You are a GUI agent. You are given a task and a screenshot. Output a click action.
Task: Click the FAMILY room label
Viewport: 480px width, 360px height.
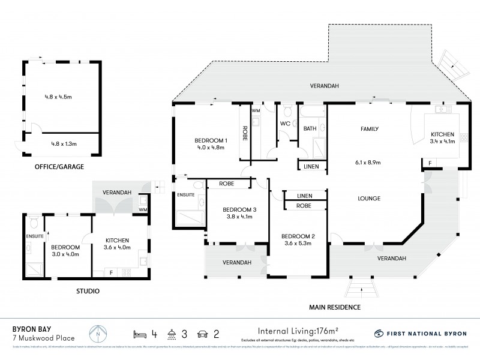point(368,129)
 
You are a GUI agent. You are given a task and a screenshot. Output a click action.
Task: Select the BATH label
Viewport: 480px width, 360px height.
point(310,128)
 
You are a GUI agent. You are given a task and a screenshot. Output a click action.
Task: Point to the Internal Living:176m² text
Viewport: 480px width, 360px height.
point(298,331)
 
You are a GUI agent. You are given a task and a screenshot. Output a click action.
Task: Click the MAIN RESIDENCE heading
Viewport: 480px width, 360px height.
point(335,307)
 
